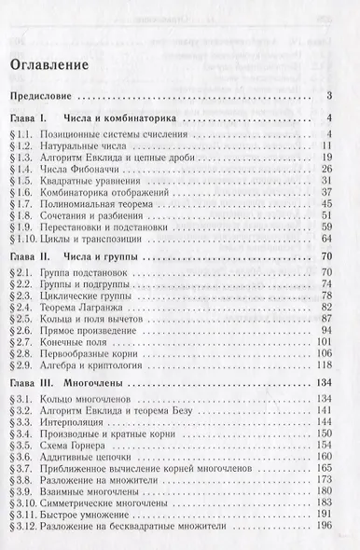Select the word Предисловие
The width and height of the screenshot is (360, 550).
(45, 96)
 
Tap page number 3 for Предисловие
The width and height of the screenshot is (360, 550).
(331, 96)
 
